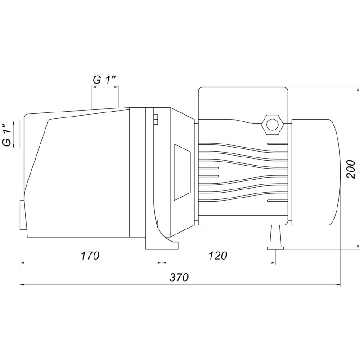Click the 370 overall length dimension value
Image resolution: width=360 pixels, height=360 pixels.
[179, 277]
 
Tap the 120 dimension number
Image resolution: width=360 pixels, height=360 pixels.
[217, 256]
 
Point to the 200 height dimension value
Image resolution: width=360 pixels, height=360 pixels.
[351, 169]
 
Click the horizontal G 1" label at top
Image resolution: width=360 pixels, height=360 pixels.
[104, 80]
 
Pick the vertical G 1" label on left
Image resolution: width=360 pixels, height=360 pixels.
[7, 135]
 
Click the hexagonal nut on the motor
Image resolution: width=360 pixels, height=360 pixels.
[273, 125]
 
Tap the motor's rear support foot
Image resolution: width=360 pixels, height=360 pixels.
[275, 237]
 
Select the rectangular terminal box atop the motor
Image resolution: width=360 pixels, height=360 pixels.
[243, 103]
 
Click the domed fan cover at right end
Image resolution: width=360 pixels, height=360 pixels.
[316, 172]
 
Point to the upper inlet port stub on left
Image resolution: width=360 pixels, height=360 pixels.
[22, 134]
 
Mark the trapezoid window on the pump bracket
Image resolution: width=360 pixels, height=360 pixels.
[182, 172]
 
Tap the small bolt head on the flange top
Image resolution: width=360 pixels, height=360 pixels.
[156, 119]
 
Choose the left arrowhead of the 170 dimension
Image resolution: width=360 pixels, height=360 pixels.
[22, 263]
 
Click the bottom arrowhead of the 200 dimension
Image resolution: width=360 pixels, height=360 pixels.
[358, 247]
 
